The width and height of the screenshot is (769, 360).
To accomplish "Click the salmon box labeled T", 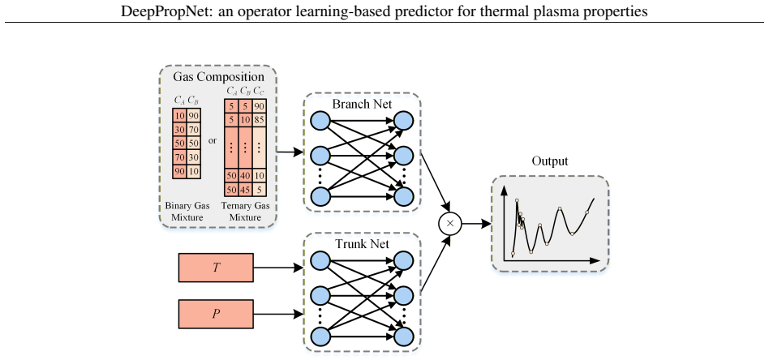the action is pos(216,268).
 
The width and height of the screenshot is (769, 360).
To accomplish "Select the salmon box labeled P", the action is pos(216,314).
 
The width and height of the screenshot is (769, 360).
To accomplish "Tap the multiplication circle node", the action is pos(451,224).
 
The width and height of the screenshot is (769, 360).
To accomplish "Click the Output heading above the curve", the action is pos(550,161).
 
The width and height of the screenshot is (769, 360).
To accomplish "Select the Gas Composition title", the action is pos(219,77).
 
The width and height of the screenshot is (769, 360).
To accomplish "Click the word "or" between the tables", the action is pos(213,141).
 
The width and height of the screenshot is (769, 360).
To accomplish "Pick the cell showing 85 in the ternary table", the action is pos(259,118).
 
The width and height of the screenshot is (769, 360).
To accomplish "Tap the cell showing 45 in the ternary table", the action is pos(245,189).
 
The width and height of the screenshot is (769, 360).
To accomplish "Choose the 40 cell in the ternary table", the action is pos(245,176).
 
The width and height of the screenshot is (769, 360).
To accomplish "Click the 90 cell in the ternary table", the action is pos(259,105).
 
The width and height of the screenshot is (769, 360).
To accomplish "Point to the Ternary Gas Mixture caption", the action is pos(245,212).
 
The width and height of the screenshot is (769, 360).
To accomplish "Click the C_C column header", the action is pos(259,92).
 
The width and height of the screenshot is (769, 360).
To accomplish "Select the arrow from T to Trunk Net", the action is pos(278,268).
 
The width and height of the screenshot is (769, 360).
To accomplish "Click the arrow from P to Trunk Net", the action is pos(278,314).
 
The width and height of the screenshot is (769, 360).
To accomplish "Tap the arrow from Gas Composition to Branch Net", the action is pos(290,152).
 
